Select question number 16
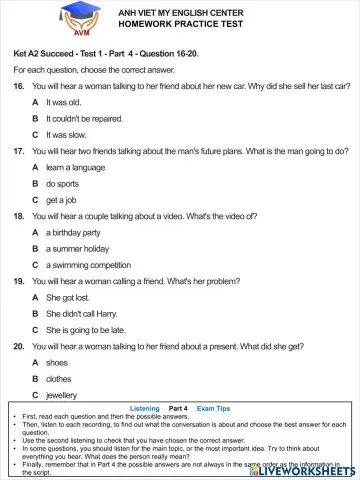click(18, 87)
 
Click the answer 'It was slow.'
click(64, 134)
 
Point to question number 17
click(18, 151)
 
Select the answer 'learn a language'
click(76, 167)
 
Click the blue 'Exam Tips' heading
click(213, 409)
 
